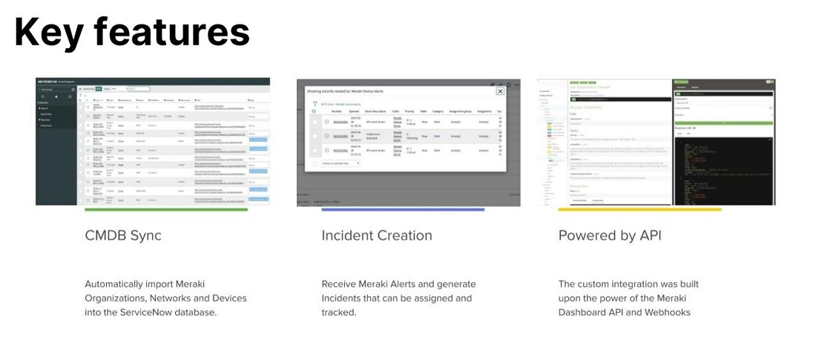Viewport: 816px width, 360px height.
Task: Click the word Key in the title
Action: coord(46,33)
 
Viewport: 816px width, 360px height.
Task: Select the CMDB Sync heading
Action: coord(122,235)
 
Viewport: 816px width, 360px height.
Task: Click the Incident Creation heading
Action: coord(376,235)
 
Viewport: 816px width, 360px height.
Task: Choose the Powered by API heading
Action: coord(609,235)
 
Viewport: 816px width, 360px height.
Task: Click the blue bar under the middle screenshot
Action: coord(402,209)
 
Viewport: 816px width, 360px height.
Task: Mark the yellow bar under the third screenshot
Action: coord(639,209)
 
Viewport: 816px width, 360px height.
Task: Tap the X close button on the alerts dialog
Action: coord(500,91)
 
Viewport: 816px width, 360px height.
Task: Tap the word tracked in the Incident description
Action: coord(338,312)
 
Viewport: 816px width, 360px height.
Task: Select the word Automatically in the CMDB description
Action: coord(115,284)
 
